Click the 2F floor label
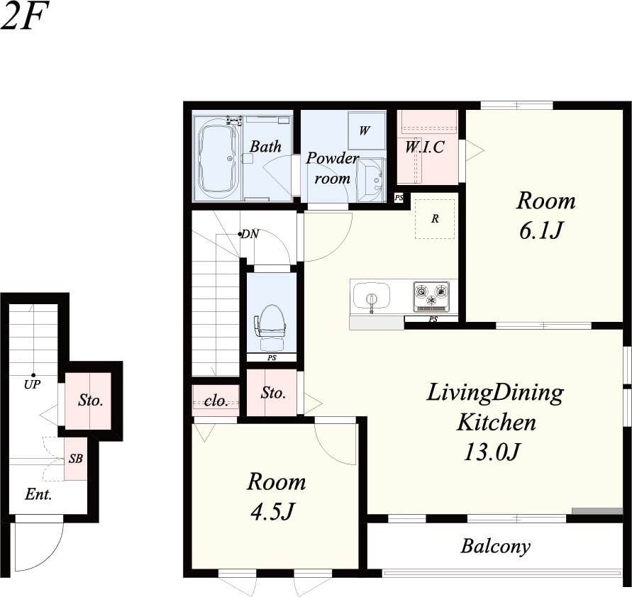[x=24, y=16]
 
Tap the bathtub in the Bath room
[x=218, y=158]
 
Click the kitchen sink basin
[x=372, y=297]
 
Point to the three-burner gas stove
[x=431, y=297]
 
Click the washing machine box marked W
[x=365, y=130]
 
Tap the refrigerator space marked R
[x=435, y=219]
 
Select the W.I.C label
[x=424, y=147]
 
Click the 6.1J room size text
[x=540, y=231]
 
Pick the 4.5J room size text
[x=272, y=512]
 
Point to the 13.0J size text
[x=491, y=452]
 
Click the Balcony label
[x=495, y=547]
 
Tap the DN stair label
[x=250, y=234]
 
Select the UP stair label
[x=32, y=385]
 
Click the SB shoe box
[x=76, y=459]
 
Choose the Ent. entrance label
[x=38, y=494]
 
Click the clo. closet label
[x=216, y=401]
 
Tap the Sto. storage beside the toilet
[x=272, y=393]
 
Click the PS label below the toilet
[x=272, y=357]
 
